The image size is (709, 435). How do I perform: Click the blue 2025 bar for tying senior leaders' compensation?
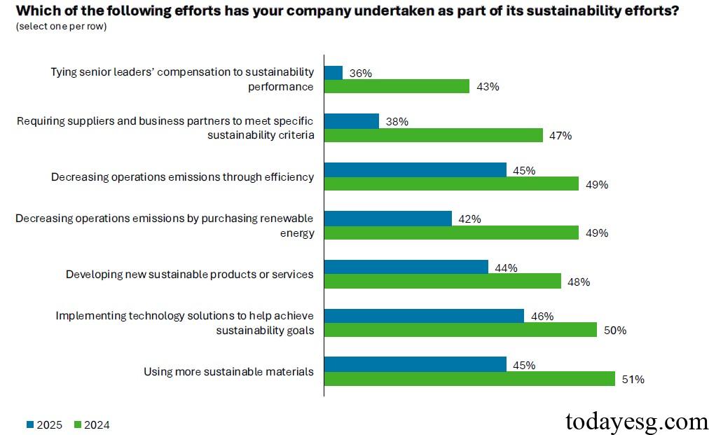coord(333,73)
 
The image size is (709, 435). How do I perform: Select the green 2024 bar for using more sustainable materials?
coord(469,379)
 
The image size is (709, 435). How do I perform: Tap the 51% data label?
coord(633,379)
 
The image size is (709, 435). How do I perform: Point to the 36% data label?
coord(360,73)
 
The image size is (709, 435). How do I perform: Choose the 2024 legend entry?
coord(92,424)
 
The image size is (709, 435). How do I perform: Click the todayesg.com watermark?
coord(636,421)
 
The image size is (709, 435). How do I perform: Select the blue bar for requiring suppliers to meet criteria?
coord(351,121)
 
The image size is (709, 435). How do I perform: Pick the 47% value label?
coord(560,136)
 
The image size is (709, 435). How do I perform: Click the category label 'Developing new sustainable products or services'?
coord(189,274)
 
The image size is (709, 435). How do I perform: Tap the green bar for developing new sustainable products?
coord(442,282)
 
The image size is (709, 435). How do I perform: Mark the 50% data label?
coord(614,331)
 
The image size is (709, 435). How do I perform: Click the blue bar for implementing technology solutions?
coord(424,316)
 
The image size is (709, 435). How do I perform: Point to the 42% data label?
coord(469,219)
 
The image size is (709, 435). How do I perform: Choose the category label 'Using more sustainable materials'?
coord(228,371)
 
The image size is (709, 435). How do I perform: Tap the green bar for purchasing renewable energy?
coord(451,233)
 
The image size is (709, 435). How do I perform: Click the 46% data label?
coord(542,316)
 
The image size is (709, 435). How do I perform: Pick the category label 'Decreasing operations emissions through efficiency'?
coord(182,177)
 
